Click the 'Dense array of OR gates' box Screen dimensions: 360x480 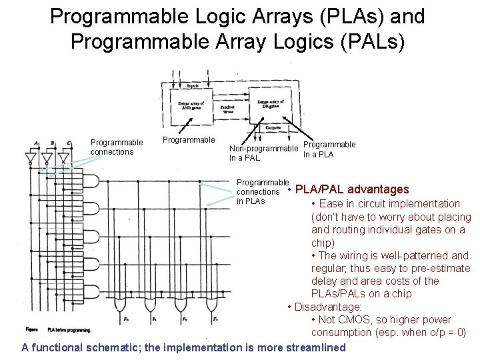(269, 105)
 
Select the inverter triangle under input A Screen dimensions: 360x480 (30, 158)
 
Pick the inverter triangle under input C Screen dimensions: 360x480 (64, 158)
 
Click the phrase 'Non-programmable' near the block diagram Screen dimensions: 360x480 (263, 149)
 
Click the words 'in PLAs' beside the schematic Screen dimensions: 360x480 (251, 201)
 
